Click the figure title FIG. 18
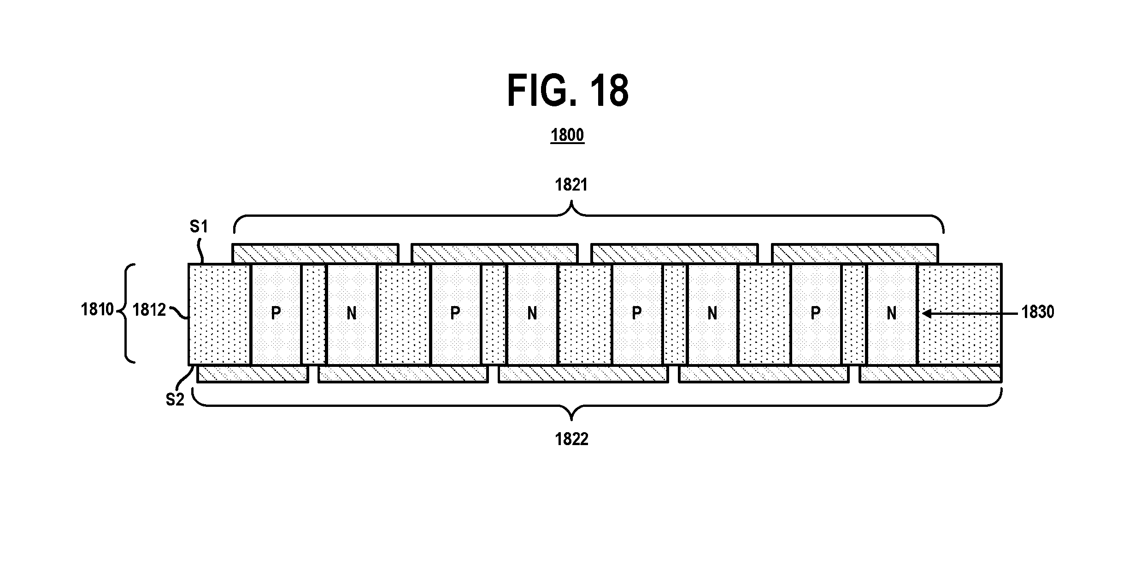pos(568,91)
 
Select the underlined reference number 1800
pos(567,135)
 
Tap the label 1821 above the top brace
pos(571,185)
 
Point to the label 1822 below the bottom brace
pos(571,440)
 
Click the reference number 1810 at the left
pos(97,309)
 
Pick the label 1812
pos(149,310)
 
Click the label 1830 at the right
pos(1038,312)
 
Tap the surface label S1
pos(199,226)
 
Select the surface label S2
pos(175,400)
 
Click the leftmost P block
pos(276,314)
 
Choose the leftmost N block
pos(352,314)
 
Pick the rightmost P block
pos(816,314)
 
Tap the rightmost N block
pos(892,314)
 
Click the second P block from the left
pos(455,314)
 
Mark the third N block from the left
pos(712,314)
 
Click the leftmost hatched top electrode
pos(315,254)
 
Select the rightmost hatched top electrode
pos(855,254)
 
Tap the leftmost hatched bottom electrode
pos(253,373)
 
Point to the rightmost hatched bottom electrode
pos(930,373)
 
